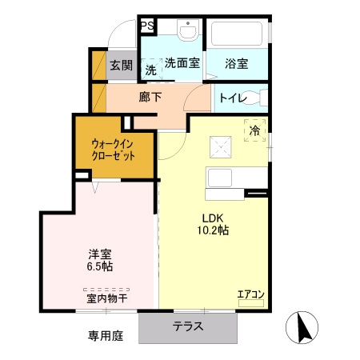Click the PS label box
pos(148,26)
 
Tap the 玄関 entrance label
pos(120,65)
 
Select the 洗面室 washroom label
pos(182,64)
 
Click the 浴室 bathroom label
pos(236,64)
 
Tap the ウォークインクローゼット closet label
pos(113,149)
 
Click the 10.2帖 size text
pos(213,230)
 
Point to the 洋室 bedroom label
pos(99,255)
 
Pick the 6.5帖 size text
pos(99,268)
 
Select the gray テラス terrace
pos(188,326)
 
